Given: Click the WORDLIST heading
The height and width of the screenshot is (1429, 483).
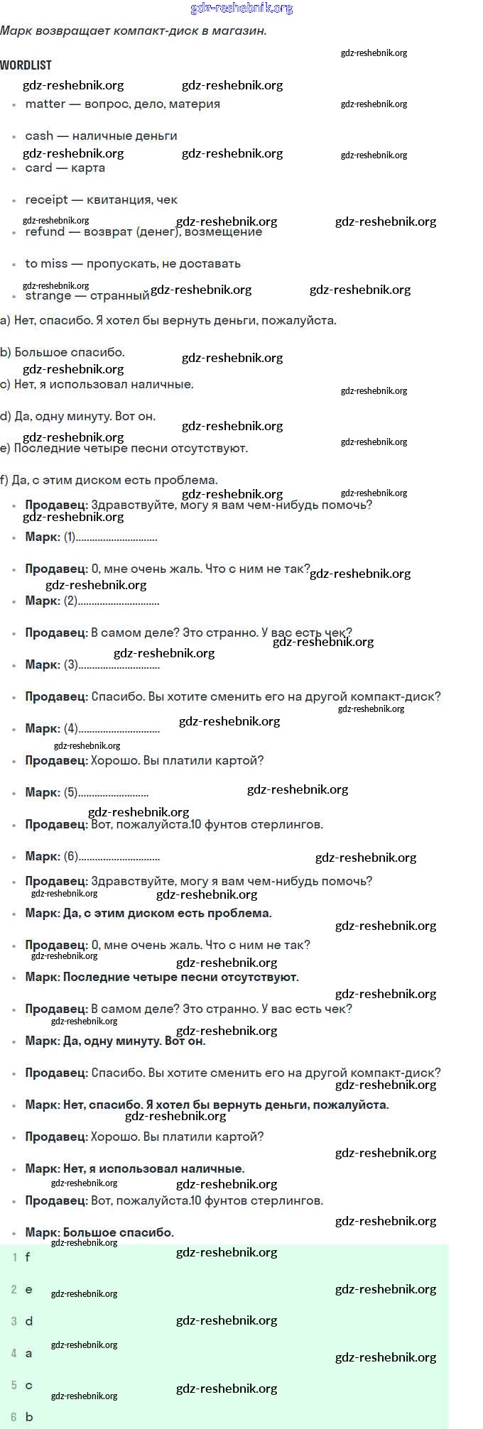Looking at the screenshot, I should [x=26, y=65].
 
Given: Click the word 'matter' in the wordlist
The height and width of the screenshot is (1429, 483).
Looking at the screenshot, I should [x=45, y=104].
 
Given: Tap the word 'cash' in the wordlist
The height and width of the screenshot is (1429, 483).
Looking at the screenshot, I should [x=39, y=136].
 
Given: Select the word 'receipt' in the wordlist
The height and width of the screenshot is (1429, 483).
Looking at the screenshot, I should [x=46, y=199].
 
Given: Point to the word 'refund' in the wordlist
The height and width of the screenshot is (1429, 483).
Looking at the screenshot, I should [x=45, y=231].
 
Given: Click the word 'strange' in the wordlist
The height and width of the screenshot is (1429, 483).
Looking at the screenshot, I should [x=48, y=296].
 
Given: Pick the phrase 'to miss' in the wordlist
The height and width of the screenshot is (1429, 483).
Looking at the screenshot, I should [x=46, y=263].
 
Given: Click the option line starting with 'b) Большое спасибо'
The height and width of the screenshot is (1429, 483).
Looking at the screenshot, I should [x=63, y=352].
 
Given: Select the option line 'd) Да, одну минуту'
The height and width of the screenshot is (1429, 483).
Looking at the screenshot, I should [x=78, y=416].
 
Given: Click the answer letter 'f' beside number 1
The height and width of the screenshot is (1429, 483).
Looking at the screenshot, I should [x=28, y=1256].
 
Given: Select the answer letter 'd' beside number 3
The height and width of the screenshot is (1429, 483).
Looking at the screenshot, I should [x=28, y=1321].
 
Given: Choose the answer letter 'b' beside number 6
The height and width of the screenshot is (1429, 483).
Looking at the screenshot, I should [x=29, y=1417].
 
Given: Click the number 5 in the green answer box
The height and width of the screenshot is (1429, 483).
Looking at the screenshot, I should [x=13, y=1385].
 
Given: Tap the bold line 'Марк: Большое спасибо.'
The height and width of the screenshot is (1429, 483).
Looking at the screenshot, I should [x=99, y=1232].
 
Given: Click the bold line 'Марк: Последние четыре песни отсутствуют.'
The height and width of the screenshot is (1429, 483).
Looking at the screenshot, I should [x=162, y=977].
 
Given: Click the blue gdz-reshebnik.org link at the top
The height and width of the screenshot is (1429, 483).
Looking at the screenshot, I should [x=241, y=9].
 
